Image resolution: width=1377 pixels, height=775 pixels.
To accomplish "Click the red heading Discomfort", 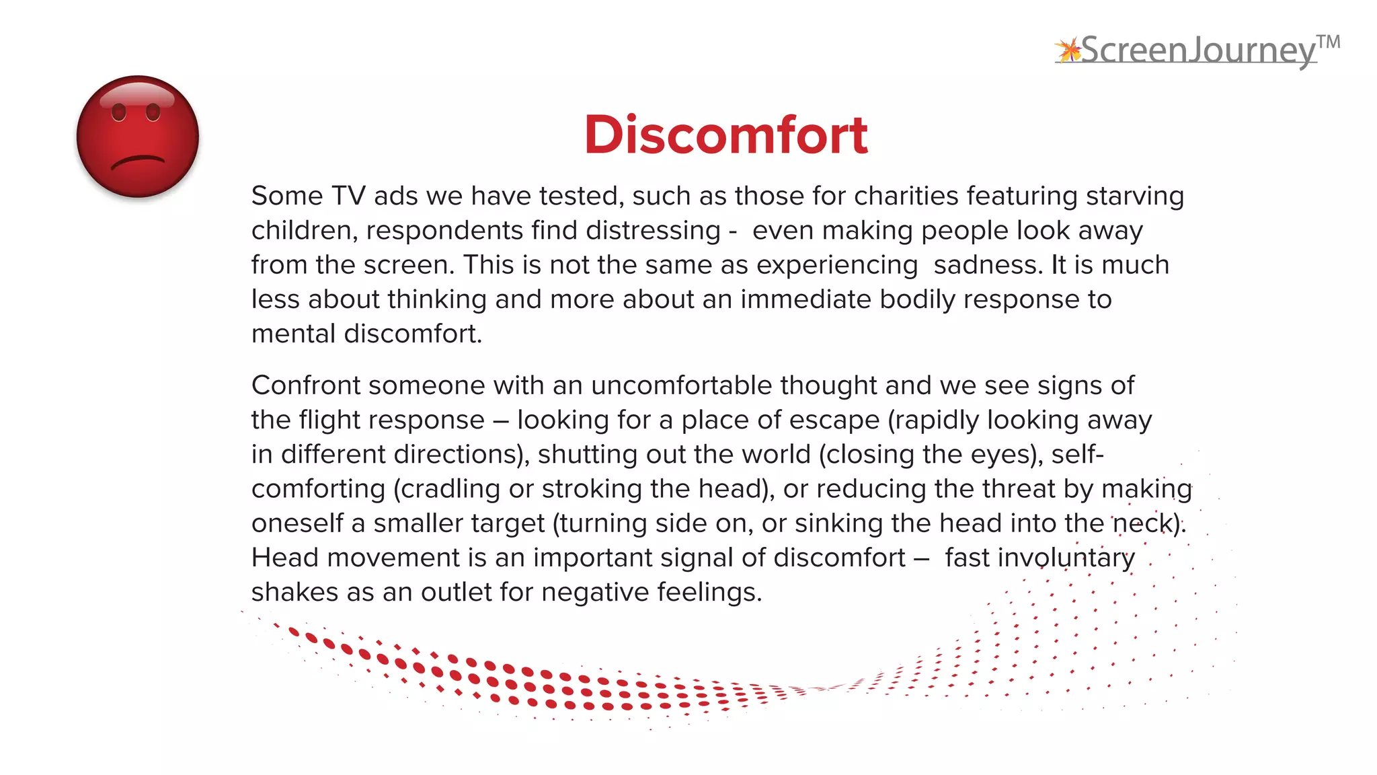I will tap(725, 135).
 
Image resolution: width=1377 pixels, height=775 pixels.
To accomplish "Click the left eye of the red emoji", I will tap(119, 112).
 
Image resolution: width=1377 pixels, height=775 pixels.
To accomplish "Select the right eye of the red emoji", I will tap(153, 112).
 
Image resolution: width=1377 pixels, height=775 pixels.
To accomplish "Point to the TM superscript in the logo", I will tap(1328, 43).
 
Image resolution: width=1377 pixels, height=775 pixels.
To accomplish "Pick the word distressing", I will tap(653, 231).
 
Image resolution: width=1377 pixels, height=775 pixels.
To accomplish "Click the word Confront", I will tap(306, 385).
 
